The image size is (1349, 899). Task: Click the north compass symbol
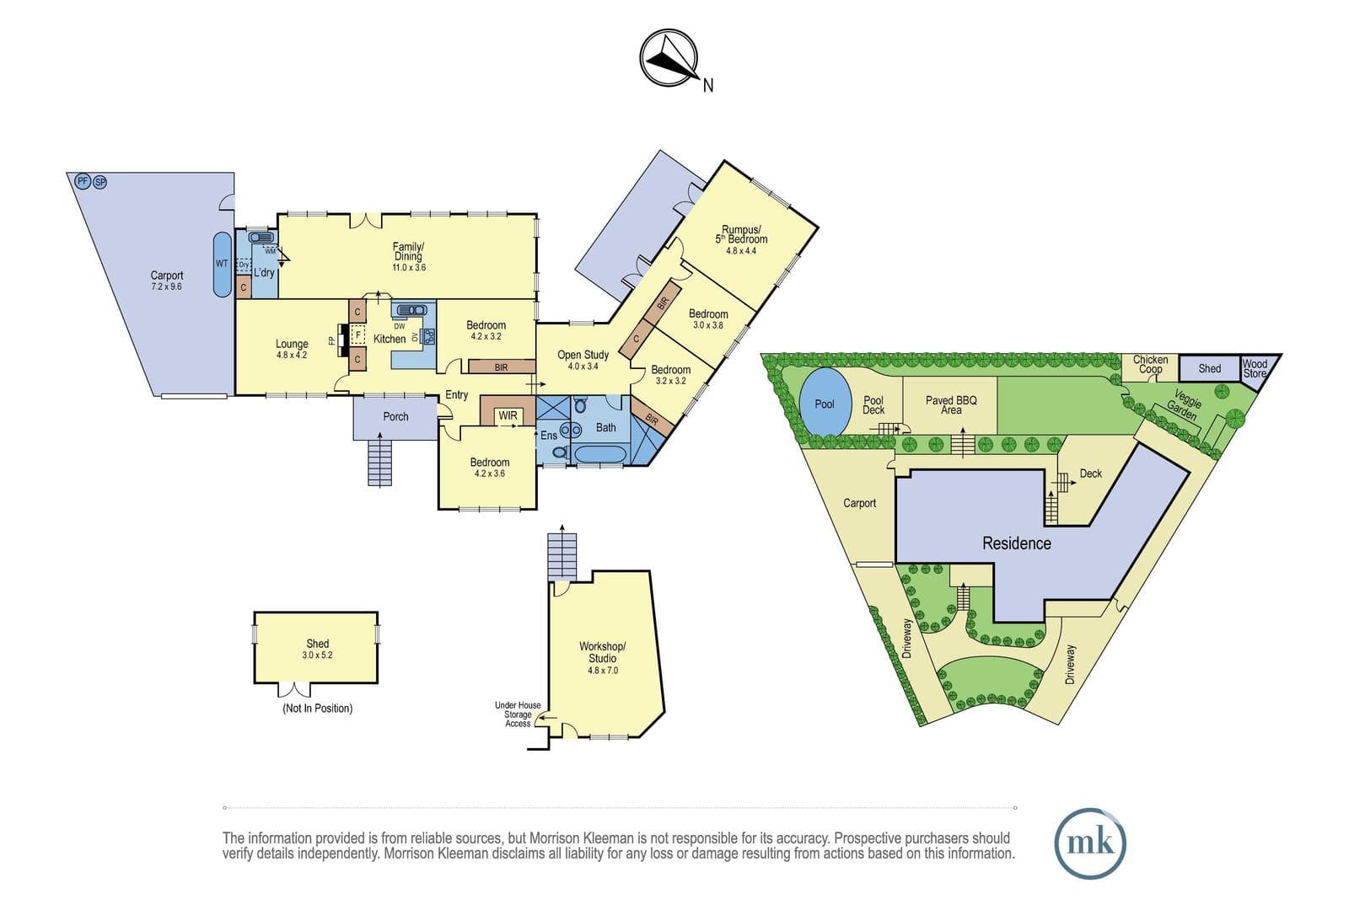(x=669, y=58)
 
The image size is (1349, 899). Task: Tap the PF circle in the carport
(x=83, y=180)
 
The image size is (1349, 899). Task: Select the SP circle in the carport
(x=100, y=182)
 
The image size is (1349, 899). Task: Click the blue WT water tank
(x=223, y=265)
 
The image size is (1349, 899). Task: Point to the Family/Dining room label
(x=408, y=251)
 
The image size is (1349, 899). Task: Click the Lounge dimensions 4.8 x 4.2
(x=292, y=355)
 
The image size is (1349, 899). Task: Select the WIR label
(x=508, y=416)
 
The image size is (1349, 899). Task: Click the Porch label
(x=395, y=416)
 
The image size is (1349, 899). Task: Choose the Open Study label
(x=583, y=355)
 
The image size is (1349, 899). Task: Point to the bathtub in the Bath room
(x=601, y=454)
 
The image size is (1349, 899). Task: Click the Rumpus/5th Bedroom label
(x=741, y=234)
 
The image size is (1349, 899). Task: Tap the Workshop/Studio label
(x=602, y=652)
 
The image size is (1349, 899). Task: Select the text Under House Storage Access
(x=518, y=714)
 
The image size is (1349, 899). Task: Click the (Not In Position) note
(x=317, y=709)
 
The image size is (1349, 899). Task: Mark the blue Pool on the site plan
(x=825, y=402)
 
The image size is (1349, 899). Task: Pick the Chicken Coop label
(x=1150, y=364)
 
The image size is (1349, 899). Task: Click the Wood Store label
(x=1255, y=368)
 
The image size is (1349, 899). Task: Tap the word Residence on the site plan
(x=1017, y=543)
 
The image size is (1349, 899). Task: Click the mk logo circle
(x=1090, y=843)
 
